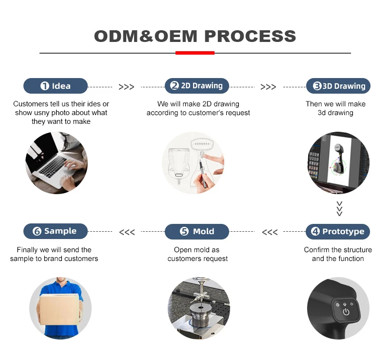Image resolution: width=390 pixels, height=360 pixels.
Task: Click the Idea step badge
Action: (56, 86)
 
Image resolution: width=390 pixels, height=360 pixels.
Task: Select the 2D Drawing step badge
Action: (196, 86)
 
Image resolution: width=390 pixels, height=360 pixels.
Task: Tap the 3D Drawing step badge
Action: (338, 86)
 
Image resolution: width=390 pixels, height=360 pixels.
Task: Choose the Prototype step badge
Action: (338, 231)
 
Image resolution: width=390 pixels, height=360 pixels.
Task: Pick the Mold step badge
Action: (197, 231)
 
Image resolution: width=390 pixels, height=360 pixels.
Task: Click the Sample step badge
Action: (56, 231)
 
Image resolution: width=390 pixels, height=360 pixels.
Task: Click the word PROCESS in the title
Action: (250, 36)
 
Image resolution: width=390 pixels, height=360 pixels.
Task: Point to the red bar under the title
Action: (195, 53)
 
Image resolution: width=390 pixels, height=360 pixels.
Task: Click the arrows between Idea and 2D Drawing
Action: (126, 87)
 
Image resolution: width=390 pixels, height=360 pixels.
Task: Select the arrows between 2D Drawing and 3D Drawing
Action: (268, 87)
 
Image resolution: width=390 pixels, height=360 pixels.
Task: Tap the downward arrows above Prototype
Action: (340, 208)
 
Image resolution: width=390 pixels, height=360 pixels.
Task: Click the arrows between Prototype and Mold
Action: (270, 232)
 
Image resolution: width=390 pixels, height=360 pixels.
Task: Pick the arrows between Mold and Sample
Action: (127, 232)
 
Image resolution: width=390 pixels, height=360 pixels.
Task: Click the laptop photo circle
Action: (57, 162)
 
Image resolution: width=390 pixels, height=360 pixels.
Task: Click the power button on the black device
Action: (346, 312)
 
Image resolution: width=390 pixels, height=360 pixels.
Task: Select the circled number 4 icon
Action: (315, 232)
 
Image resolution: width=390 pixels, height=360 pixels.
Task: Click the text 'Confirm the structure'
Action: (338, 250)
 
